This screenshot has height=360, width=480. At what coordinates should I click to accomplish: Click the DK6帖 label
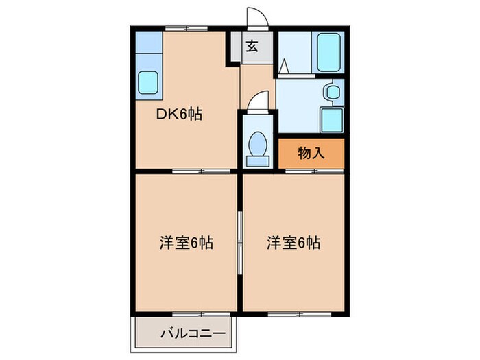[x=181, y=115]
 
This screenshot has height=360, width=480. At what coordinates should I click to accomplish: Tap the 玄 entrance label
[x=252, y=47]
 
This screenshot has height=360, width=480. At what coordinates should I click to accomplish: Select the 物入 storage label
[x=311, y=153]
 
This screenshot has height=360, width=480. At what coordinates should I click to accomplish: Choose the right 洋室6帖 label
[x=293, y=242]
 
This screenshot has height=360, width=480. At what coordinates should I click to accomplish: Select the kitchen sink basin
[x=149, y=84]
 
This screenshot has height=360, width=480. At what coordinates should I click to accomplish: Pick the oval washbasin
[x=333, y=91]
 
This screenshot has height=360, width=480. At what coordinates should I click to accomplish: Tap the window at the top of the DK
[x=186, y=28]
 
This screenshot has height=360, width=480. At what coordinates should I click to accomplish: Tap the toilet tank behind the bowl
[x=258, y=160]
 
